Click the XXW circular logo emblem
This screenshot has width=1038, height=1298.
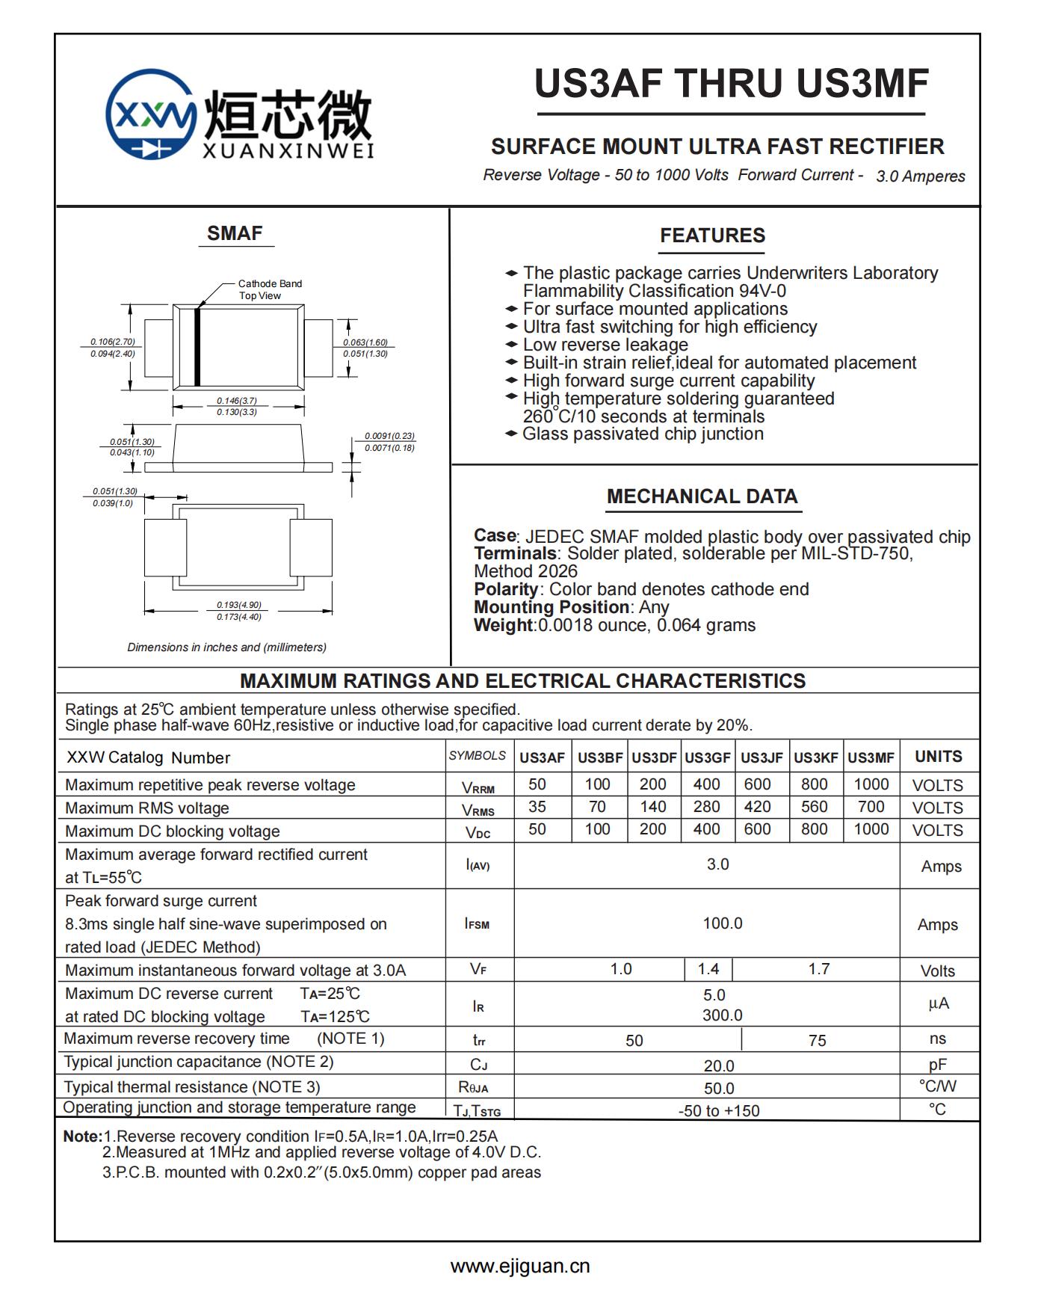(x=152, y=114)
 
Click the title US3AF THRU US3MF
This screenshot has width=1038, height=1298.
(x=731, y=83)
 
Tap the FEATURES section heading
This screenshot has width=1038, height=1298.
(x=712, y=236)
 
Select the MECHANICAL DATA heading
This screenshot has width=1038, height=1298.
(x=702, y=496)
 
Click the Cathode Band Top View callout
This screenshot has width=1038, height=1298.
(x=270, y=289)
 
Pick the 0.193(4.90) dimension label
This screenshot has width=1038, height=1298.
(x=239, y=605)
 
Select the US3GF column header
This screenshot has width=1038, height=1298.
(x=707, y=757)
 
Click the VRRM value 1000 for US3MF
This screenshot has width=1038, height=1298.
(x=871, y=784)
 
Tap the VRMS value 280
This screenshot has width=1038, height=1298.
(x=706, y=807)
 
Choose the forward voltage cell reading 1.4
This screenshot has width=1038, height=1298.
(x=708, y=969)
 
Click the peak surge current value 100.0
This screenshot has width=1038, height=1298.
(x=723, y=923)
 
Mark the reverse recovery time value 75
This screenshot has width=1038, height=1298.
(x=818, y=1040)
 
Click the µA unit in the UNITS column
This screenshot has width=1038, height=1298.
(x=939, y=1003)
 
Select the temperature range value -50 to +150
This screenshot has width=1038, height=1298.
(x=719, y=1110)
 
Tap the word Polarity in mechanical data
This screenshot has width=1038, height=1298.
(x=506, y=589)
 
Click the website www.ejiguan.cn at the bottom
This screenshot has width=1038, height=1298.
(x=520, y=1266)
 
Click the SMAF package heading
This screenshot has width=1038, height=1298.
(x=235, y=233)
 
